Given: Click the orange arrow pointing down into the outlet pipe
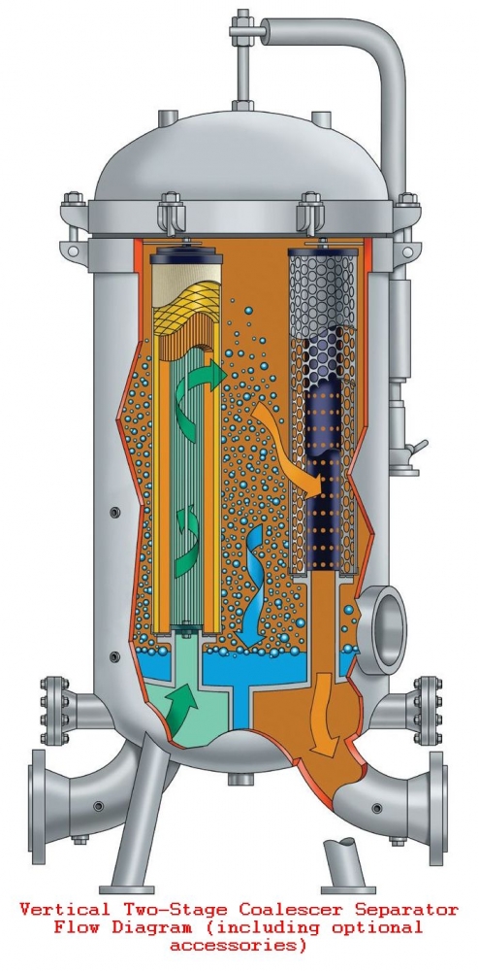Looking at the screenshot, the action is [323, 712].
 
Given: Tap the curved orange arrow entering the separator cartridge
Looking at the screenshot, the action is [291, 446].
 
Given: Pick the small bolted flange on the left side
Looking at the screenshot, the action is [53, 711].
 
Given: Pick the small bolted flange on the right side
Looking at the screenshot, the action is [428, 711].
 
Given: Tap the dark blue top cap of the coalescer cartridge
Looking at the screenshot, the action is [187, 253].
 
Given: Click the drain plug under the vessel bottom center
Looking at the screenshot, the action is [240, 779].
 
